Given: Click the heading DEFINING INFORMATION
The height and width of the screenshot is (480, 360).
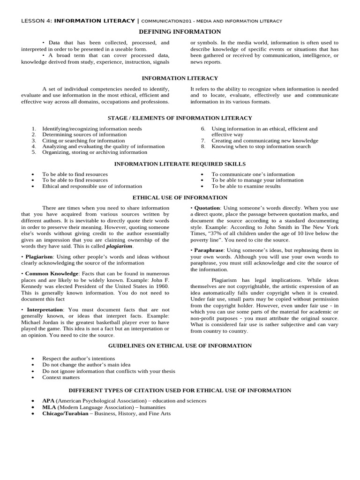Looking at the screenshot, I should click(180, 32).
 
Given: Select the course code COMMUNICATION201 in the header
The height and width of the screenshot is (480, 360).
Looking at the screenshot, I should click(170, 21).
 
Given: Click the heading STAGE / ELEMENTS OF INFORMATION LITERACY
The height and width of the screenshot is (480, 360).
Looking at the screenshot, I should click(180, 118).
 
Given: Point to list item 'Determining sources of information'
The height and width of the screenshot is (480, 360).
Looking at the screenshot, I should click(84, 135).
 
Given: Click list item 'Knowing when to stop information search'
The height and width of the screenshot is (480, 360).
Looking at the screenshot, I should click(261, 146).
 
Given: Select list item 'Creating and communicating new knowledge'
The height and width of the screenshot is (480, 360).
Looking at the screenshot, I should click(264, 141).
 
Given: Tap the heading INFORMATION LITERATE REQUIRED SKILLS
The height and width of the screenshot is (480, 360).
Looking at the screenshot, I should click(180, 164).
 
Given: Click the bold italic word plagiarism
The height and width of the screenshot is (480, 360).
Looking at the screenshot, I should click(120, 246).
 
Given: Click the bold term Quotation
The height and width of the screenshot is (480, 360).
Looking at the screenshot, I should click(207, 208).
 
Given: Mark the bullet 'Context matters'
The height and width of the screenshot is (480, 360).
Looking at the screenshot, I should click(61, 377).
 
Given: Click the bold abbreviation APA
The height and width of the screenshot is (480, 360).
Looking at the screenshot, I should click(48, 401).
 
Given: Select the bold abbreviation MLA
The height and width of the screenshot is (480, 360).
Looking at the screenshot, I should click(49, 407).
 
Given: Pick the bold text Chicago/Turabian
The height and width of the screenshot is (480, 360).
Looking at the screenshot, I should click(65, 413).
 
